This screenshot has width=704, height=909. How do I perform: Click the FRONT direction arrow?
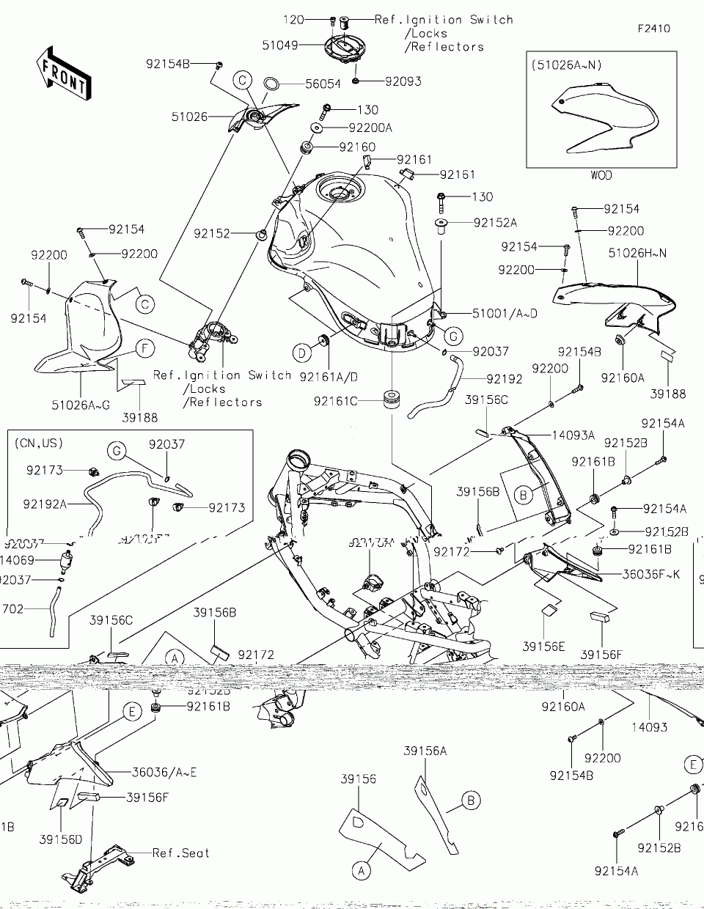[x=65, y=73]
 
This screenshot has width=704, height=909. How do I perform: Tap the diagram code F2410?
[x=653, y=29]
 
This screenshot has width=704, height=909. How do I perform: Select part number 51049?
[x=279, y=45]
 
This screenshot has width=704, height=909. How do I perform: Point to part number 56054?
[x=323, y=84]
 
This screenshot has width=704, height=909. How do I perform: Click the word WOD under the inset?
[x=601, y=176]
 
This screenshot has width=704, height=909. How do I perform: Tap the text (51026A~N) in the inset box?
[x=568, y=65]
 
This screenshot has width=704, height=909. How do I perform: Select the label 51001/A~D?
[x=505, y=314]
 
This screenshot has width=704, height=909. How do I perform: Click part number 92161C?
[x=335, y=401]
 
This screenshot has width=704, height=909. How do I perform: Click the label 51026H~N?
[x=637, y=252]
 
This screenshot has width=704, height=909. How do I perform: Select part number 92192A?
[x=45, y=504]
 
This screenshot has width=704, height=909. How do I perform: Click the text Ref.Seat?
[x=180, y=853]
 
